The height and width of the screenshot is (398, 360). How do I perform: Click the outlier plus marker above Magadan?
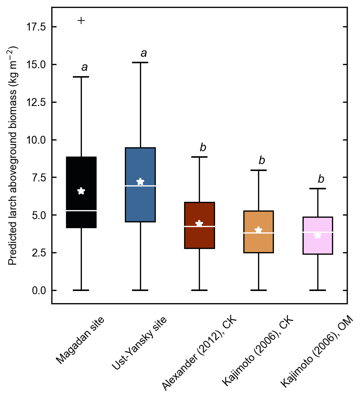coord(81,20)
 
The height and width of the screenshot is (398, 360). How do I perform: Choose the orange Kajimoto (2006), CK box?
coord(258,244)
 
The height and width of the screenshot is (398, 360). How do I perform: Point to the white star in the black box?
coord(81,191)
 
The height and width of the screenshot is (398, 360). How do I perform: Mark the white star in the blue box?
coord(140,182)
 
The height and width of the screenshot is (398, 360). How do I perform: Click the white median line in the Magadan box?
coord(81,210)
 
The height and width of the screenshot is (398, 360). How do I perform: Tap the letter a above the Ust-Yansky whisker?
coord(144,54)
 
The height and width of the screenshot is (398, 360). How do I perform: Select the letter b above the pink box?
coord(321,179)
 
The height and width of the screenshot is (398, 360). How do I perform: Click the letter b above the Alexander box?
coord(203,147)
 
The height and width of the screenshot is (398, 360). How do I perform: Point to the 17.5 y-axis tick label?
coord(37,27)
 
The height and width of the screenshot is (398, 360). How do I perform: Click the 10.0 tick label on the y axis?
coord(37,140)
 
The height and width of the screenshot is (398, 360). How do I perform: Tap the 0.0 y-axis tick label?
coord(39,290)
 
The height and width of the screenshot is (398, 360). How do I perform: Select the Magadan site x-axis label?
coord(81,339)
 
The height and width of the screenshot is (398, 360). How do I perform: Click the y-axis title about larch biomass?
coord(13,155)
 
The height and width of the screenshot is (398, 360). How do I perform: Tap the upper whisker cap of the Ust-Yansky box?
coord(140,63)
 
